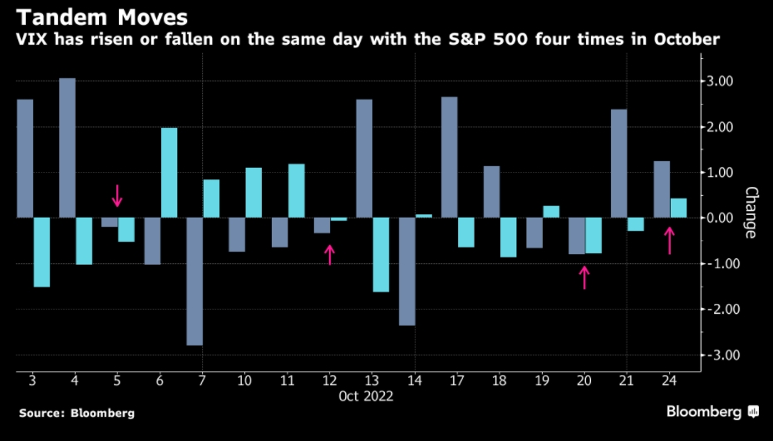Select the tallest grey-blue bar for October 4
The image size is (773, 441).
pos(67,148)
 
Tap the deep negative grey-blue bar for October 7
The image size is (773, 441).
pos(194,281)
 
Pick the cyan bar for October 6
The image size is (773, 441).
pos(169,173)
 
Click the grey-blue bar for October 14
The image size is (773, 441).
pos(406,271)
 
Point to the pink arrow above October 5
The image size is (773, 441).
pos(117,196)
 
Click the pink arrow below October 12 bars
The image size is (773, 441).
pos(330,254)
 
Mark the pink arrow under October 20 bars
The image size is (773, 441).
pos(584,277)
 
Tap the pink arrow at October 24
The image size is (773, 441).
pos(669,242)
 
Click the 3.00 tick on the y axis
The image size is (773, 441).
pos(720,81)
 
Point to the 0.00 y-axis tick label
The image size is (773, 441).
pos(720,218)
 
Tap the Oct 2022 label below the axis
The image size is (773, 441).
pos(365,396)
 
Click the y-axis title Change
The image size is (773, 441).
pos(750,213)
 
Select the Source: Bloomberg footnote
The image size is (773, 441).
pos(76,413)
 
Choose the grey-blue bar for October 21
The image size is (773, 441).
pos(618,163)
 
